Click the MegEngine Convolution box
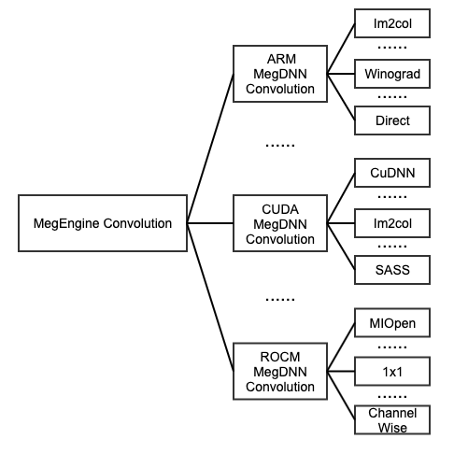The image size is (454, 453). (103, 223)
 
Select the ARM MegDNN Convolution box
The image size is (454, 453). (280, 74)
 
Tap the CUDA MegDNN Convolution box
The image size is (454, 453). (280, 223)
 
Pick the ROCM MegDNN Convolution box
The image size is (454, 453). (280, 372)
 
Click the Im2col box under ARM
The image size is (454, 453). (392, 23)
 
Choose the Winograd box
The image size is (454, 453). (392, 74)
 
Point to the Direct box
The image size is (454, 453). (392, 120)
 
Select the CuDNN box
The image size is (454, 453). (392, 173)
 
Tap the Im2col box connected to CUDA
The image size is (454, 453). (392, 223)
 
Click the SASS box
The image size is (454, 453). (392, 270)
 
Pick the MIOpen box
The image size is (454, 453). (392, 323)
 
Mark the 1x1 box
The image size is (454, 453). (392, 372)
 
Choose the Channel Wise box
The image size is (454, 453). (392, 420)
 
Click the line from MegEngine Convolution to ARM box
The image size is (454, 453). (210, 149)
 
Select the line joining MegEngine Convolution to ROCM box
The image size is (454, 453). (210, 297)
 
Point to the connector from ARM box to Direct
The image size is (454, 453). (341, 97)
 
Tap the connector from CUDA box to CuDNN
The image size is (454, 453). (341, 198)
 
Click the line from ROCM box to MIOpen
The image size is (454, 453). (341, 347)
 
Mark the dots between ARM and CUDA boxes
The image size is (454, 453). (280, 145)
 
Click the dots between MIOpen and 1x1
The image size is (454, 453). (392, 347)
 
